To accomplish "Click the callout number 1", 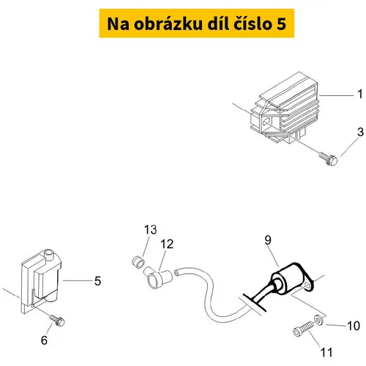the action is pyautogui.click(x=360, y=94).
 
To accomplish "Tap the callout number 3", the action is pyautogui.click(x=360, y=132).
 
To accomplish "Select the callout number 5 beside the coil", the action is pyautogui.click(x=97, y=281).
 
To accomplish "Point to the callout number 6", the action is pyautogui.click(x=44, y=340).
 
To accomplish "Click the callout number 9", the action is pyautogui.click(x=268, y=240).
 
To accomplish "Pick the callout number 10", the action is pyautogui.click(x=354, y=326).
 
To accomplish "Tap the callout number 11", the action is pyautogui.click(x=326, y=352).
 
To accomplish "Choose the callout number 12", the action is pyautogui.click(x=167, y=244).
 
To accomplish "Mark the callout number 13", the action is pyautogui.click(x=150, y=230).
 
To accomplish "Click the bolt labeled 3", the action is pyautogui.click(x=329, y=158).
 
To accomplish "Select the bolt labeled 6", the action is pyautogui.click(x=57, y=321).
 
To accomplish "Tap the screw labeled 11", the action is pyautogui.click(x=303, y=329).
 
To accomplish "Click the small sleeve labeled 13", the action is pyautogui.click(x=138, y=262).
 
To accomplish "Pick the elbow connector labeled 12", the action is pyautogui.click(x=157, y=278).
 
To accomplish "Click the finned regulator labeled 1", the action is pyautogui.click(x=284, y=108).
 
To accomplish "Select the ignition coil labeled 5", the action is pyautogui.click(x=41, y=280).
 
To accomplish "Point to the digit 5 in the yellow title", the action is pyautogui.click(x=281, y=24).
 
